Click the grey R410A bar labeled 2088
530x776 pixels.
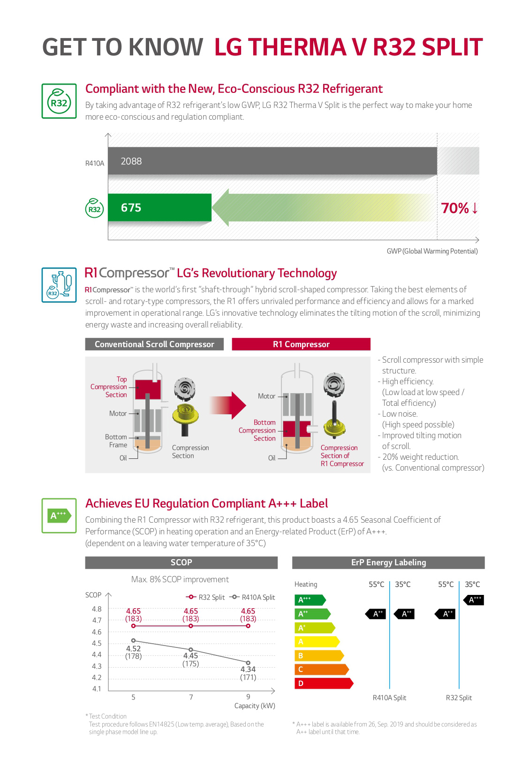[272, 161]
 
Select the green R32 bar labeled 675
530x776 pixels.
[159, 207]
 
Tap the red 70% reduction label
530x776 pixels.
[460, 208]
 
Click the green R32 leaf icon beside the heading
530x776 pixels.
[59, 101]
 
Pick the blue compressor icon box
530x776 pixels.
[59, 285]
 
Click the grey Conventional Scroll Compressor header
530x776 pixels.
[154, 344]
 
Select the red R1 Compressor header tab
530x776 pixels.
[301, 344]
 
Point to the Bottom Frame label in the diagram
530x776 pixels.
[116, 441]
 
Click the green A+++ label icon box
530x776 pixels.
[59, 516]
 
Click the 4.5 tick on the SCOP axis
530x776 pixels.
[97, 643]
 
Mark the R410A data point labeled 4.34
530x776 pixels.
[248, 663]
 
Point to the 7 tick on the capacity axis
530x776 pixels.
[191, 697]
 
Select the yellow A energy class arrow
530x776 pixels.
[316, 641]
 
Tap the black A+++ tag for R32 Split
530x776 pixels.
[475, 600]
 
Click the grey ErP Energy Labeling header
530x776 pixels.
[388, 563]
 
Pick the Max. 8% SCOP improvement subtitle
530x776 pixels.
[180, 579]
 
